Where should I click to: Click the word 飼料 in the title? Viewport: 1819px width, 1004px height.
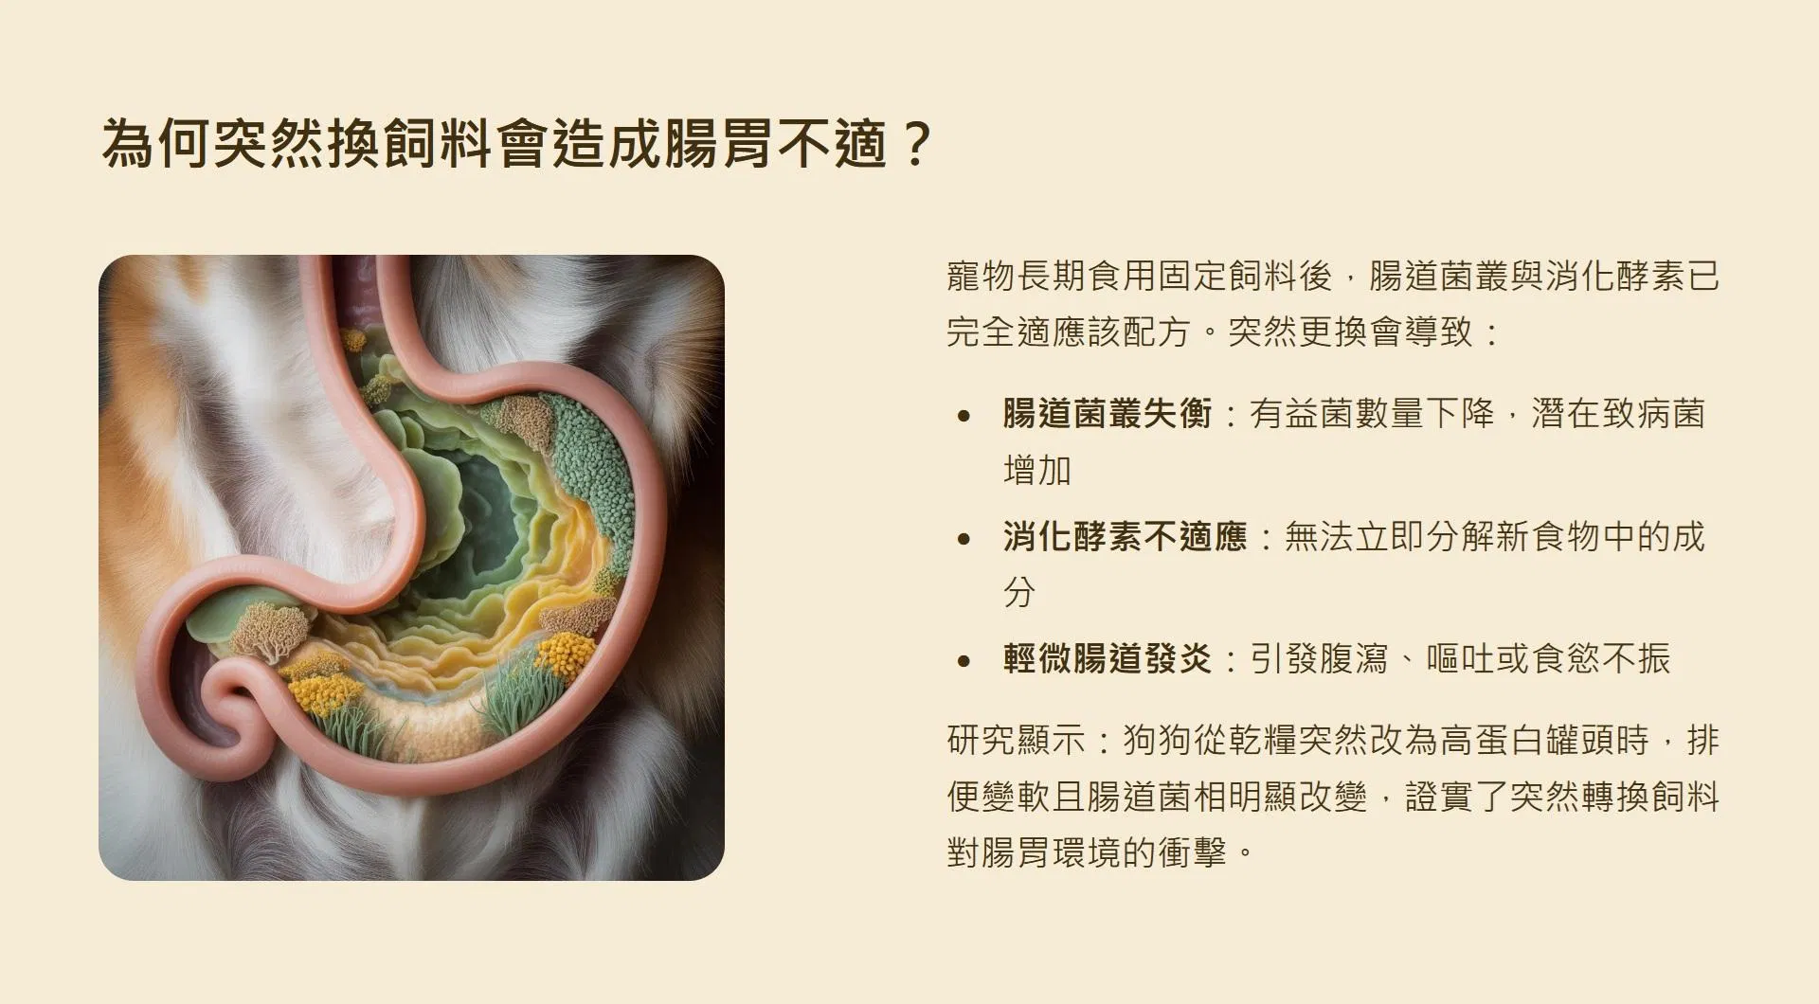click(437, 143)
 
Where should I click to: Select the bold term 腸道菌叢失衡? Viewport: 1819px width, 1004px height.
click(1108, 414)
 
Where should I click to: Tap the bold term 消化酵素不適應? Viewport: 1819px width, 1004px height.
click(1126, 537)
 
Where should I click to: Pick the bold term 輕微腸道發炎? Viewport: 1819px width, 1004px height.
click(1108, 658)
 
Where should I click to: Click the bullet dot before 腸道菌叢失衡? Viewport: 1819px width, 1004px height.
click(964, 415)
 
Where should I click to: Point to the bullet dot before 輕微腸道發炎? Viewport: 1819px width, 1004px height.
click(964, 660)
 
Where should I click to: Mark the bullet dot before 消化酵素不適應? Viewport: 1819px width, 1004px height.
click(964, 538)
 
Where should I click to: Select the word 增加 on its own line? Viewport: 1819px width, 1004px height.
click(1037, 470)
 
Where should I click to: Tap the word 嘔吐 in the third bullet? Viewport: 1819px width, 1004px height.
click(1461, 658)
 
